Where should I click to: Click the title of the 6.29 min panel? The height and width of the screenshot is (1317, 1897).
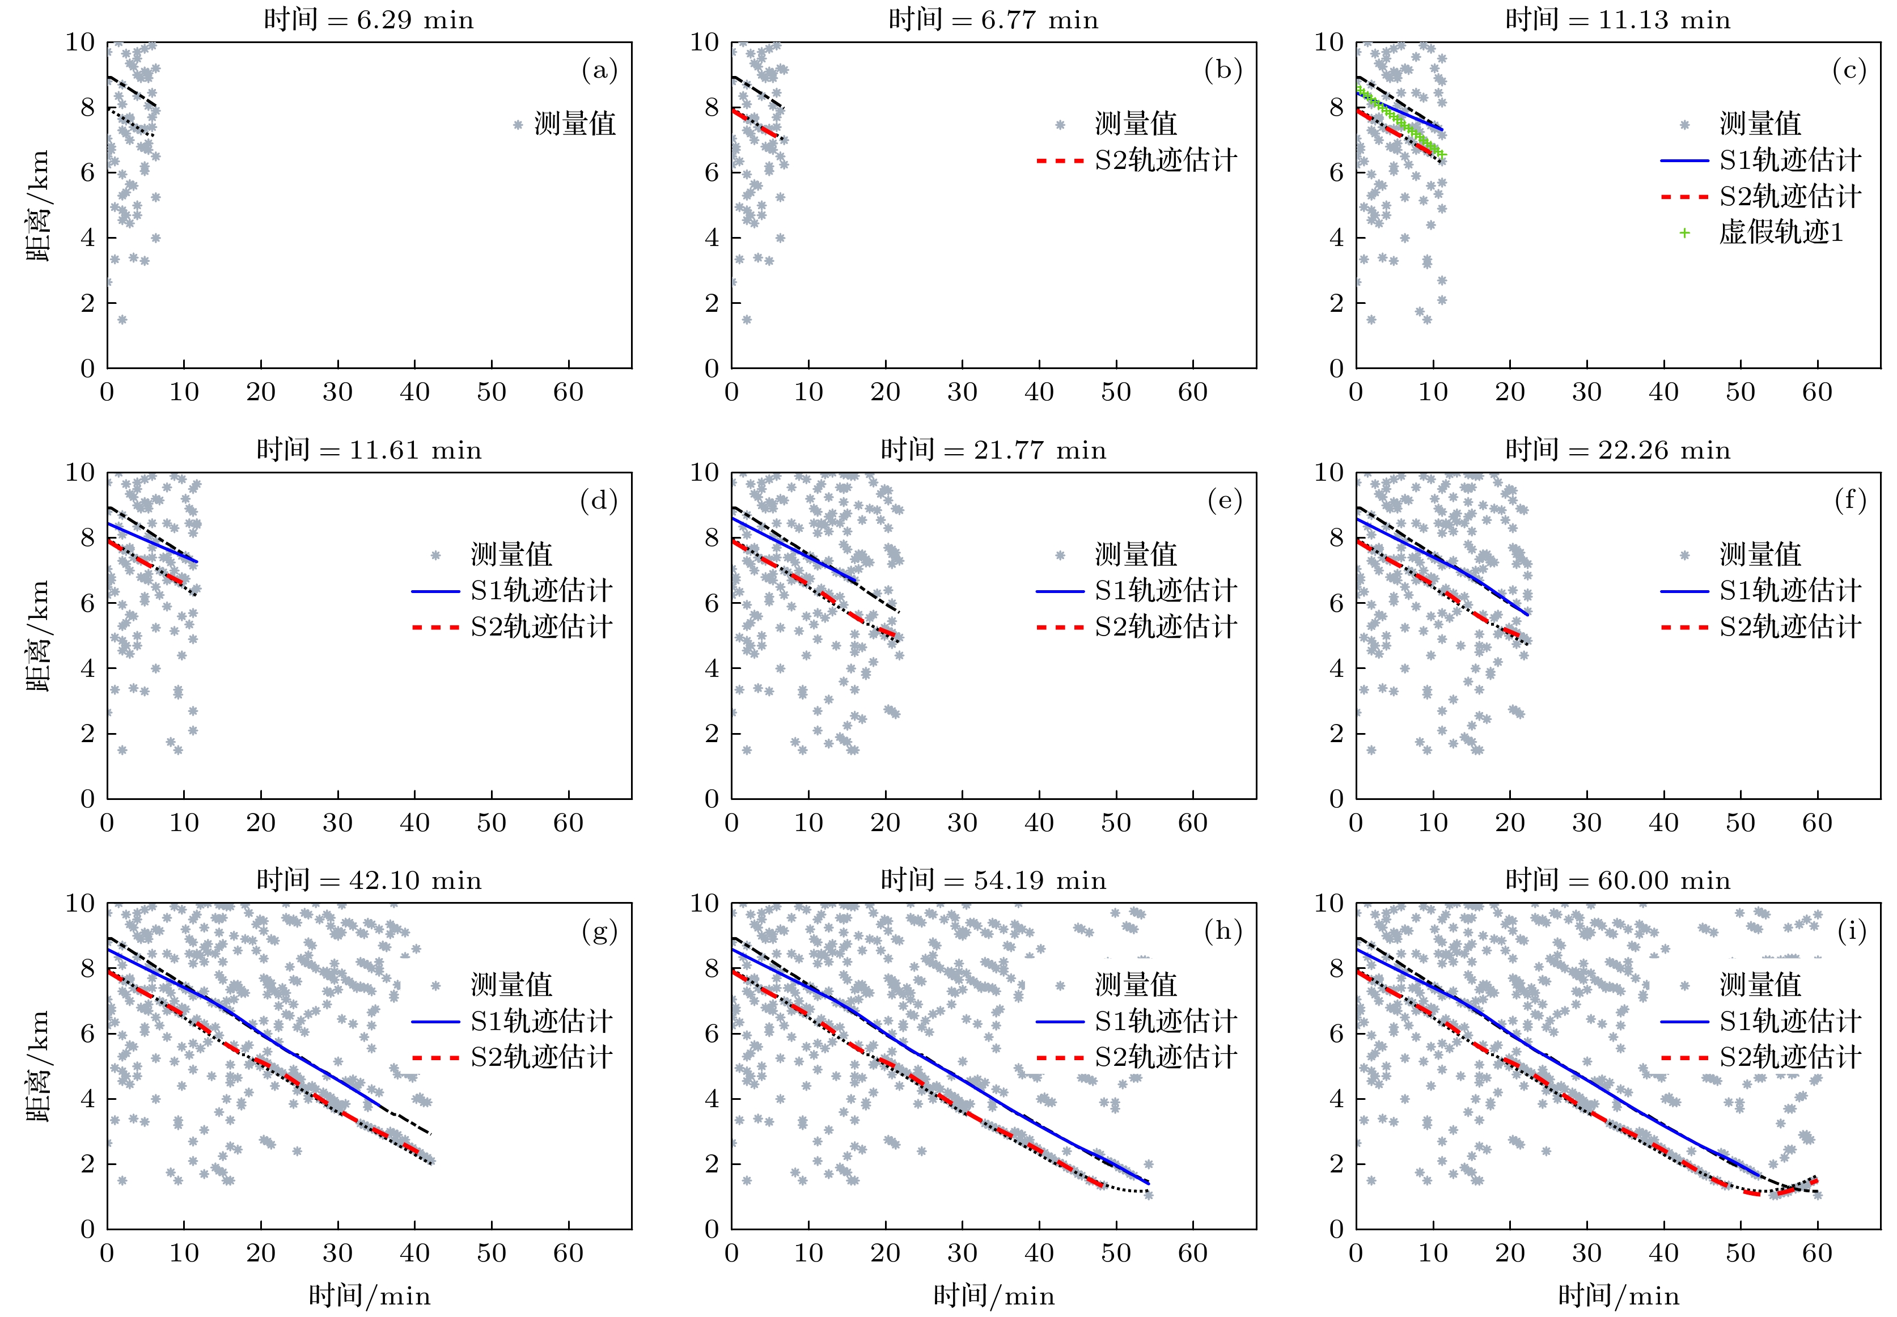[369, 20]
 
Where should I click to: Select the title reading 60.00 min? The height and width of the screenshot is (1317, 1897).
[1617, 880]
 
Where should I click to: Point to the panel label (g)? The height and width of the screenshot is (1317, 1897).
[600, 931]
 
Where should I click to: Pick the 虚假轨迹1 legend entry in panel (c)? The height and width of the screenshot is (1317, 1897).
[1781, 232]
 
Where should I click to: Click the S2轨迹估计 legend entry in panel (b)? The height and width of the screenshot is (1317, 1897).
[1165, 160]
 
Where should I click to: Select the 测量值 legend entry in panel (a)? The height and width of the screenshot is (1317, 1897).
[574, 124]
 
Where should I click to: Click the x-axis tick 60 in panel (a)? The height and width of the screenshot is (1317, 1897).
[569, 392]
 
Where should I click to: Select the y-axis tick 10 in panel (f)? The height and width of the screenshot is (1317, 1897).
[1328, 473]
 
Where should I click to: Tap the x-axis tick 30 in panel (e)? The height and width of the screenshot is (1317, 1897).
[962, 823]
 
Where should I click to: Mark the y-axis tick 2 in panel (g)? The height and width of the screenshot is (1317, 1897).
[87, 1163]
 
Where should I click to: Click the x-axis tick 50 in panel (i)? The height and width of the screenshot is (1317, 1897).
[1740, 1254]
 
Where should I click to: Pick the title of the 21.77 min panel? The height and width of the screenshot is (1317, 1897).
[993, 451]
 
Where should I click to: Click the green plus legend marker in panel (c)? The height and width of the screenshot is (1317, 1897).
[1684, 232]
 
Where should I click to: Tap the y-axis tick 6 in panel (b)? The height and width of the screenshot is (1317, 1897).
[712, 172]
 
